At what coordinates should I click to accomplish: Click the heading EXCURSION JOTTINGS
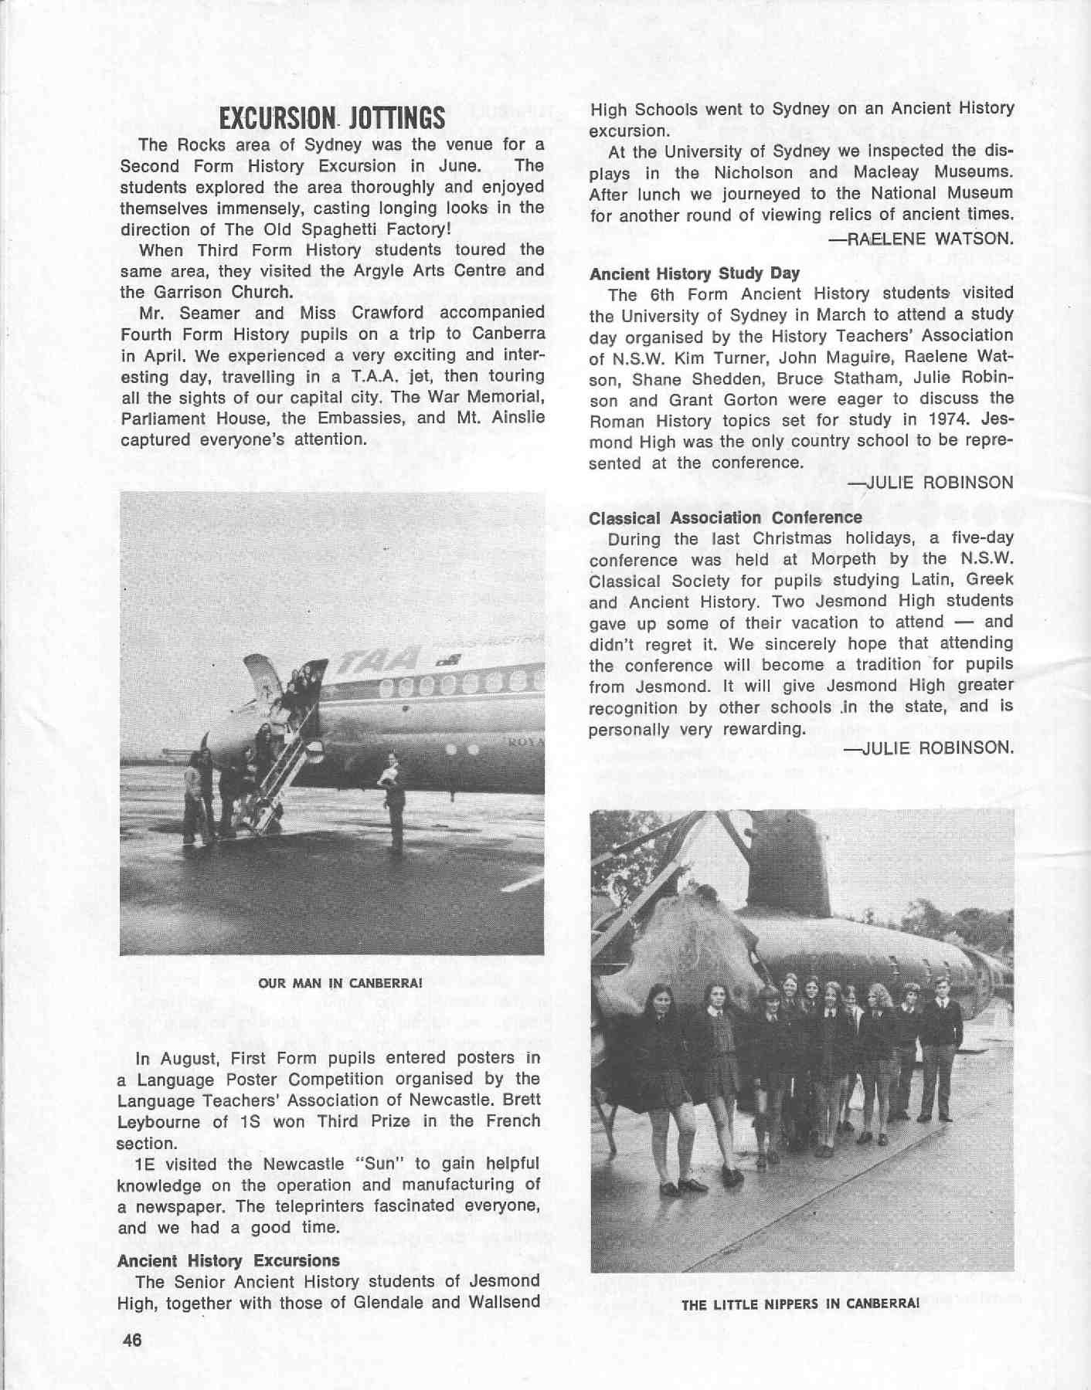(x=332, y=118)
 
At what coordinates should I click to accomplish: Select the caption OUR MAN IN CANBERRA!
(x=331, y=984)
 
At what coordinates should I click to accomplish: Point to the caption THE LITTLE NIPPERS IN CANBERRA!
(x=800, y=1304)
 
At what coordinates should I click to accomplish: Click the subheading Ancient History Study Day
(x=694, y=273)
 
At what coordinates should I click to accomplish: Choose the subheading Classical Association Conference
(x=725, y=517)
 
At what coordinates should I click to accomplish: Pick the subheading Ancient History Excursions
(x=228, y=1260)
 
